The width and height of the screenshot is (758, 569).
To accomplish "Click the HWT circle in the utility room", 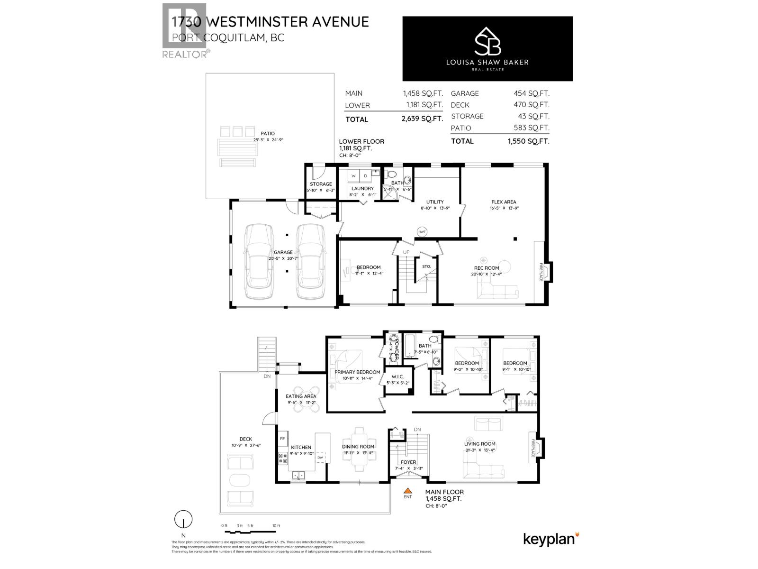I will [422, 232].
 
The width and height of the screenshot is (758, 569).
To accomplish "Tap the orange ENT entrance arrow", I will [407, 491].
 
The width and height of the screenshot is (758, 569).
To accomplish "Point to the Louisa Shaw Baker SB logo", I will [488, 41].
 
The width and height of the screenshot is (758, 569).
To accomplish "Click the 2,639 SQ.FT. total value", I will [422, 119].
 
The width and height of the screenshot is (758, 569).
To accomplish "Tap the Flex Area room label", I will [504, 202].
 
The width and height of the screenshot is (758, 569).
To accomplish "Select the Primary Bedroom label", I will [357, 372].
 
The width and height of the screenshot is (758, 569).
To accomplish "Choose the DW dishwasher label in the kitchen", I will [321, 457].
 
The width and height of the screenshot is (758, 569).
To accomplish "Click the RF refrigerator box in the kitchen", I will [282, 439].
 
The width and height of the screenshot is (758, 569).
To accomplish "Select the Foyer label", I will [408, 462].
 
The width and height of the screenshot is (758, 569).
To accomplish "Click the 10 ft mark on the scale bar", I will [276, 526].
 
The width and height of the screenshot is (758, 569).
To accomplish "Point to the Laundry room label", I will [362, 189].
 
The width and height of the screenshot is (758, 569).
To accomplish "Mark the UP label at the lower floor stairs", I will [406, 252].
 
